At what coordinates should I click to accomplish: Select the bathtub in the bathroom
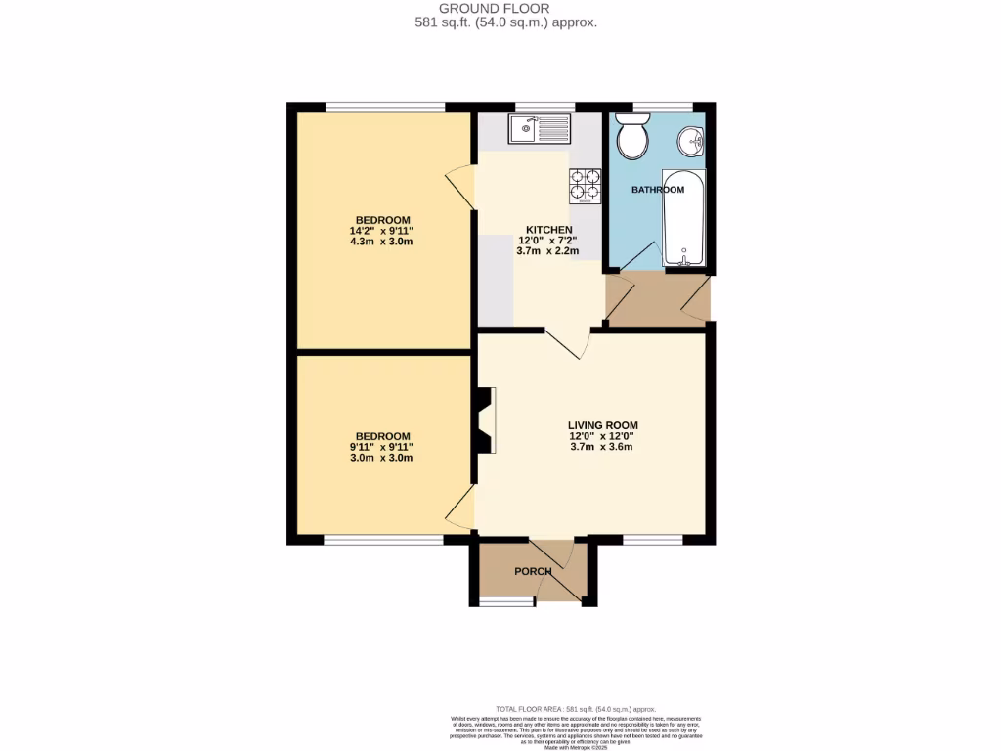tap(683, 221)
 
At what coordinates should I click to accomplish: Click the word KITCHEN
tap(548, 230)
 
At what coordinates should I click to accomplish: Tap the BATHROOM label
tap(658, 190)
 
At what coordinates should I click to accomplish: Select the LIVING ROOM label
tap(603, 425)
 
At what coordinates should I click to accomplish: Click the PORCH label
tap(534, 571)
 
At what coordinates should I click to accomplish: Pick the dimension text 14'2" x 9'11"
tap(382, 231)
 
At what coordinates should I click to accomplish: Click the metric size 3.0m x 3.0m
tap(382, 458)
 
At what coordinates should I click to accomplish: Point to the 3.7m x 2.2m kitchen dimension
tap(548, 251)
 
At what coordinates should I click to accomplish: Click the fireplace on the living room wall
tap(485, 420)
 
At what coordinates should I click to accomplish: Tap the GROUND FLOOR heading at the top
tap(500, 8)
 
